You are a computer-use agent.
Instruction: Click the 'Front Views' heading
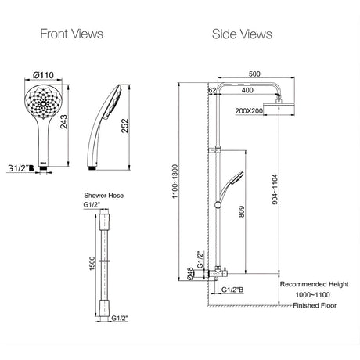point(72,34)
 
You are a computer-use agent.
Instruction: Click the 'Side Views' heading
point(242,34)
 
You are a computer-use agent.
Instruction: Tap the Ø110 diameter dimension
point(43,75)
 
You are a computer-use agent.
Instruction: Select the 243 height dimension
point(63,122)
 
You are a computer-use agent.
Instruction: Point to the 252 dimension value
point(125,126)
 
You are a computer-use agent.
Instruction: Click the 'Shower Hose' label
point(104,196)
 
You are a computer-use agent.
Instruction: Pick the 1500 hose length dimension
point(92,263)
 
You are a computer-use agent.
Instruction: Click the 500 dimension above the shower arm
point(254,74)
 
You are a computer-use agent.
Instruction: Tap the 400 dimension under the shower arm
point(247,90)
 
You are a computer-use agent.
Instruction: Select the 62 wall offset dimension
point(212,90)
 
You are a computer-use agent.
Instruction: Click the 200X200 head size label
point(249,111)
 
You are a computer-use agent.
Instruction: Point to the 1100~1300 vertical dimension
point(175,182)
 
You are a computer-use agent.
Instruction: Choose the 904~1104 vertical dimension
point(275,189)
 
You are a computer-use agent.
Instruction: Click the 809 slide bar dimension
point(242,211)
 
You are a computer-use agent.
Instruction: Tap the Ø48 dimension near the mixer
point(190,274)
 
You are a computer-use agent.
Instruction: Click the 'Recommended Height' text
point(314,284)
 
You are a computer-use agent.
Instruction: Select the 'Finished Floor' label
point(315,305)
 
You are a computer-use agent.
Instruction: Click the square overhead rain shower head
point(279,109)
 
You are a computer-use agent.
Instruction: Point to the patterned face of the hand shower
point(44,103)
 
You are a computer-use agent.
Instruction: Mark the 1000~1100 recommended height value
point(312,295)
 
